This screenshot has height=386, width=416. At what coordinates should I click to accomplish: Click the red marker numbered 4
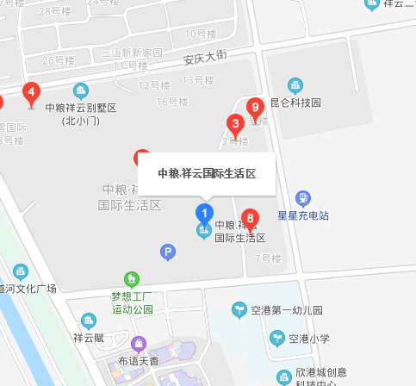[x=31, y=92]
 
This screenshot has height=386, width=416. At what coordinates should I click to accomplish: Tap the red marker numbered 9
[x=254, y=108]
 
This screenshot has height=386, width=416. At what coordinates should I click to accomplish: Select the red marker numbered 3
[x=233, y=124]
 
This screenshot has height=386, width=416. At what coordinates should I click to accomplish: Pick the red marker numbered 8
[x=250, y=219]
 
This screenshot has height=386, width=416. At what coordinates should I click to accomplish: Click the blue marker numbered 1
[x=204, y=213]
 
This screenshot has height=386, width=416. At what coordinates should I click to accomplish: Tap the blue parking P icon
[x=168, y=252]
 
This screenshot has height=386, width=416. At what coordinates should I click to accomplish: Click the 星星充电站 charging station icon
[x=302, y=198]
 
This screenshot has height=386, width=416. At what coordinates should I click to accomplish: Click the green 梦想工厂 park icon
[x=131, y=278]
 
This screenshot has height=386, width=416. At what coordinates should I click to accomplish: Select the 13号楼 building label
[x=198, y=80]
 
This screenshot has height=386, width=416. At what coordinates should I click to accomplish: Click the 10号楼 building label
[x=200, y=34]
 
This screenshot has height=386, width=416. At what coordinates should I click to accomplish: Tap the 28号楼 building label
[x=55, y=11]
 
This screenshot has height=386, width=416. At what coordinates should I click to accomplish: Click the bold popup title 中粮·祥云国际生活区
[x=207, y=173]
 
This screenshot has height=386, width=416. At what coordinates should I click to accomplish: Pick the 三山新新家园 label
[x=131, y=53]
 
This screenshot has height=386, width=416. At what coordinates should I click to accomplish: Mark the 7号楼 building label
[x=268, y=258]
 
